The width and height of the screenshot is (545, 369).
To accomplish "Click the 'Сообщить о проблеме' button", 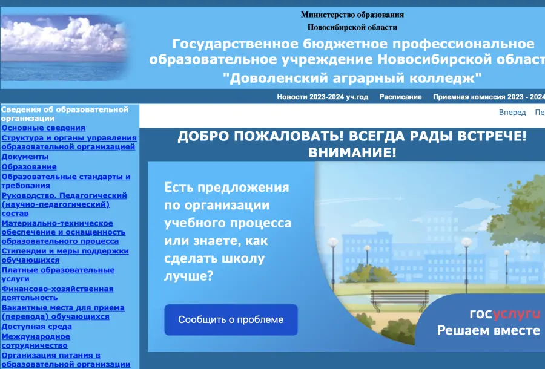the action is (x=231, y=320).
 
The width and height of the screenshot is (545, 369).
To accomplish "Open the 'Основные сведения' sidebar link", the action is (x=43, y=128).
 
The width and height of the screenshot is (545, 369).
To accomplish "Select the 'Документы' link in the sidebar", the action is (x=25, y=157).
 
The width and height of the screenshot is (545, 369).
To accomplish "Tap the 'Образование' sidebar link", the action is (x=29, y=167).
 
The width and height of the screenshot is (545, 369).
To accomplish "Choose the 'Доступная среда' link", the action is (x=36, y=327).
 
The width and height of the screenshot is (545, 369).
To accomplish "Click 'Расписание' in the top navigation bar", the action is (x=400, y=97).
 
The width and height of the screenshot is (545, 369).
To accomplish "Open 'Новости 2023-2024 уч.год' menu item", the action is (x=323, y=97).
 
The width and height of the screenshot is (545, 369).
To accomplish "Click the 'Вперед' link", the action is (x=512, y=113).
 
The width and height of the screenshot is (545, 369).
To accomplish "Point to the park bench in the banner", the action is (x=400, y=299).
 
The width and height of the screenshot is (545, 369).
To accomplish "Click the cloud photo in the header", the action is (x=63, y=48).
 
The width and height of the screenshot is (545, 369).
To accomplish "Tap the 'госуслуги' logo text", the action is (x=505, y=314).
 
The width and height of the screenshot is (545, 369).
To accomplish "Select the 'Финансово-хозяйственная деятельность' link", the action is (x=58, y=293).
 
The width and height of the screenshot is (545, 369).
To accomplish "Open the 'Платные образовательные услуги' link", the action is (x=58, y=274).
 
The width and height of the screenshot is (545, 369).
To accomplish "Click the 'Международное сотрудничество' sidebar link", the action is (x=36, y=341).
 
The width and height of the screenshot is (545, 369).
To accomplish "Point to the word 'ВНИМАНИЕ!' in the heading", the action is (x=352, y=152).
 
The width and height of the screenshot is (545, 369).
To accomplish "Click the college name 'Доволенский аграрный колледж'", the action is (x=352, y=78).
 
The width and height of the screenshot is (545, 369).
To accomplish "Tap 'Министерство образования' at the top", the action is (x=352, y=15).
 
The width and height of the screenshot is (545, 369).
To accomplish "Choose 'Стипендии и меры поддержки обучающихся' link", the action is (x=65, y=255).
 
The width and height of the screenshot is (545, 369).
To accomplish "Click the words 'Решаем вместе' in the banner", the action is (x=488, y=330).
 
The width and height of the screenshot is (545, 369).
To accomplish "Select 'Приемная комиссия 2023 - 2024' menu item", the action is (x=489, y=97).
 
